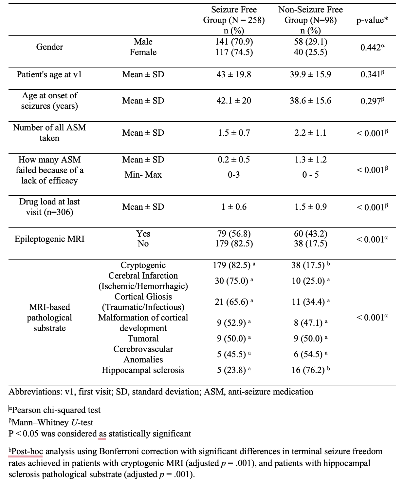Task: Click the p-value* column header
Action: pyautogui.click(x=372, y=20)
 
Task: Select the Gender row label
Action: pyautogui.click(x=49, y=47)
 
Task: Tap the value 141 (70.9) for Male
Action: pyautogui.click(x=234, y=42)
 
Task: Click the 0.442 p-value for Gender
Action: pyautogui.click(x=372, y=47)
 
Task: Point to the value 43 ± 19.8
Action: pyautogui.click(x=234, y=74)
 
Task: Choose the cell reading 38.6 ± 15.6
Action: pyautogui.click(x=310, y=101)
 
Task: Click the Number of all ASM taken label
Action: pyautogui.click(x=49, y=133)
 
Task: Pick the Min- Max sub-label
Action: pyautogui.click(x=143, y=175)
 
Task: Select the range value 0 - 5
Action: pyautogui.click(x=310, y=175)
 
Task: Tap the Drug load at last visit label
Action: pyautogui.click(x=49, y=207)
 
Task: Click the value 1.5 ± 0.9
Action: pyautogui.click(x=310, y=207)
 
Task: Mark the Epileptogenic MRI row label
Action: pyautogui.click(x=49, y=239)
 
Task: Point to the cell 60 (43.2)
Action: pyautogui.click(x=310, y=234)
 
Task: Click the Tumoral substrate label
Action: pyautogui.click(x=143, y=339)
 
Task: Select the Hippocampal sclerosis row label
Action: pyautogui.click(x=143, y=370)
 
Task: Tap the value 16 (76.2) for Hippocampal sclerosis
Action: pyautogui.click(x=308, y=370)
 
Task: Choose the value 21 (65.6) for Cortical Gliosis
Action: pyautogui.click(x=231, y=302)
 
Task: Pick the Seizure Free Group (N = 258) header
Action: pyautogui.click(x=234, y=15)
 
